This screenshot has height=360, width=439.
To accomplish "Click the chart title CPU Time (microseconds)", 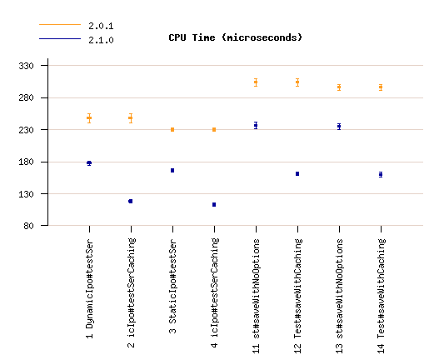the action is tap(236, 37).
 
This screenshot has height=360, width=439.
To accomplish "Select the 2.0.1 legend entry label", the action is tap(101, 26).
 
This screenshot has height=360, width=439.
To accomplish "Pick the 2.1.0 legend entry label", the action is tap(101, 40).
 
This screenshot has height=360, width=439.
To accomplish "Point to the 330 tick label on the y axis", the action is tap(26, 66).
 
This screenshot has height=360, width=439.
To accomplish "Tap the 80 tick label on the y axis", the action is tap(28, 226).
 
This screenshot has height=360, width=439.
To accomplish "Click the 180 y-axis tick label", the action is tap(26, 162).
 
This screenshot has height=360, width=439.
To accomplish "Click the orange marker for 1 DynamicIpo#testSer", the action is tap(89, 118).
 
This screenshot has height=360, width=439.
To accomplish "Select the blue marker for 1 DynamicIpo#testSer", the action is tap(89, 163).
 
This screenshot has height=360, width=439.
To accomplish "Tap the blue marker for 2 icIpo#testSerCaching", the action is tap(131, 201).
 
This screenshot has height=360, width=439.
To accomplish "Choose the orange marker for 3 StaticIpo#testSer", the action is tap(172, 129).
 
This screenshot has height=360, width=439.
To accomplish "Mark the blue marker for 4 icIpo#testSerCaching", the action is tap(214, 204).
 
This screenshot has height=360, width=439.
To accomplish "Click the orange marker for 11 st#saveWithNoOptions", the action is tap(256, 82).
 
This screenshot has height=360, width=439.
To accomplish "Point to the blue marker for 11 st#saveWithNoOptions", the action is tap(256, 125).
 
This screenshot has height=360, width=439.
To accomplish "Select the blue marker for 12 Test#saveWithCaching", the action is tap(297, 173).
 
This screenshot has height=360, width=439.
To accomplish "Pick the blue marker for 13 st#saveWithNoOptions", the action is tap(339, 127).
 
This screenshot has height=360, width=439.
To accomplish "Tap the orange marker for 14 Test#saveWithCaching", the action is tap(381, 87).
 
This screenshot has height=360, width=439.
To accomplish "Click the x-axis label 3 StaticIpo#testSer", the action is tap(172, 287).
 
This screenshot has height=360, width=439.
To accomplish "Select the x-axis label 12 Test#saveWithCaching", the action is tap(297, 296).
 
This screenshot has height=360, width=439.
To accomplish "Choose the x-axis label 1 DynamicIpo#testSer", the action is tap(90, 288).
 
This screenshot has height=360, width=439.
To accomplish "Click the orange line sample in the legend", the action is tap(60, 25).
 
